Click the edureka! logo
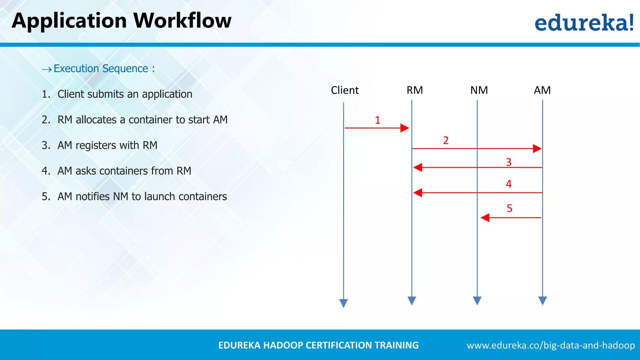(x=584, y=22)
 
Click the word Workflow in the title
(x=182, y=21)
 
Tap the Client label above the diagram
(x=345, y=90)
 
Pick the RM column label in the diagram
(x=415, y=90)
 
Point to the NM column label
(x=479, y=90)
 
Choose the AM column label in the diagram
(x=542, y=90)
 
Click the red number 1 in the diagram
(x=377, y=120)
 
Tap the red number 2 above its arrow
(x=446, y=140)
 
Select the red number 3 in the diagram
(x=509, y=162)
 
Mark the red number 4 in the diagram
(x=509, y=184)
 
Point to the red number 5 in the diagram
(x=510, y=208)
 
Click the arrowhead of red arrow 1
(x=405, y=128)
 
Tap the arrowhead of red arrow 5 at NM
(x=485, y=218)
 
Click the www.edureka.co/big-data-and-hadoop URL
(x=551, y=345)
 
